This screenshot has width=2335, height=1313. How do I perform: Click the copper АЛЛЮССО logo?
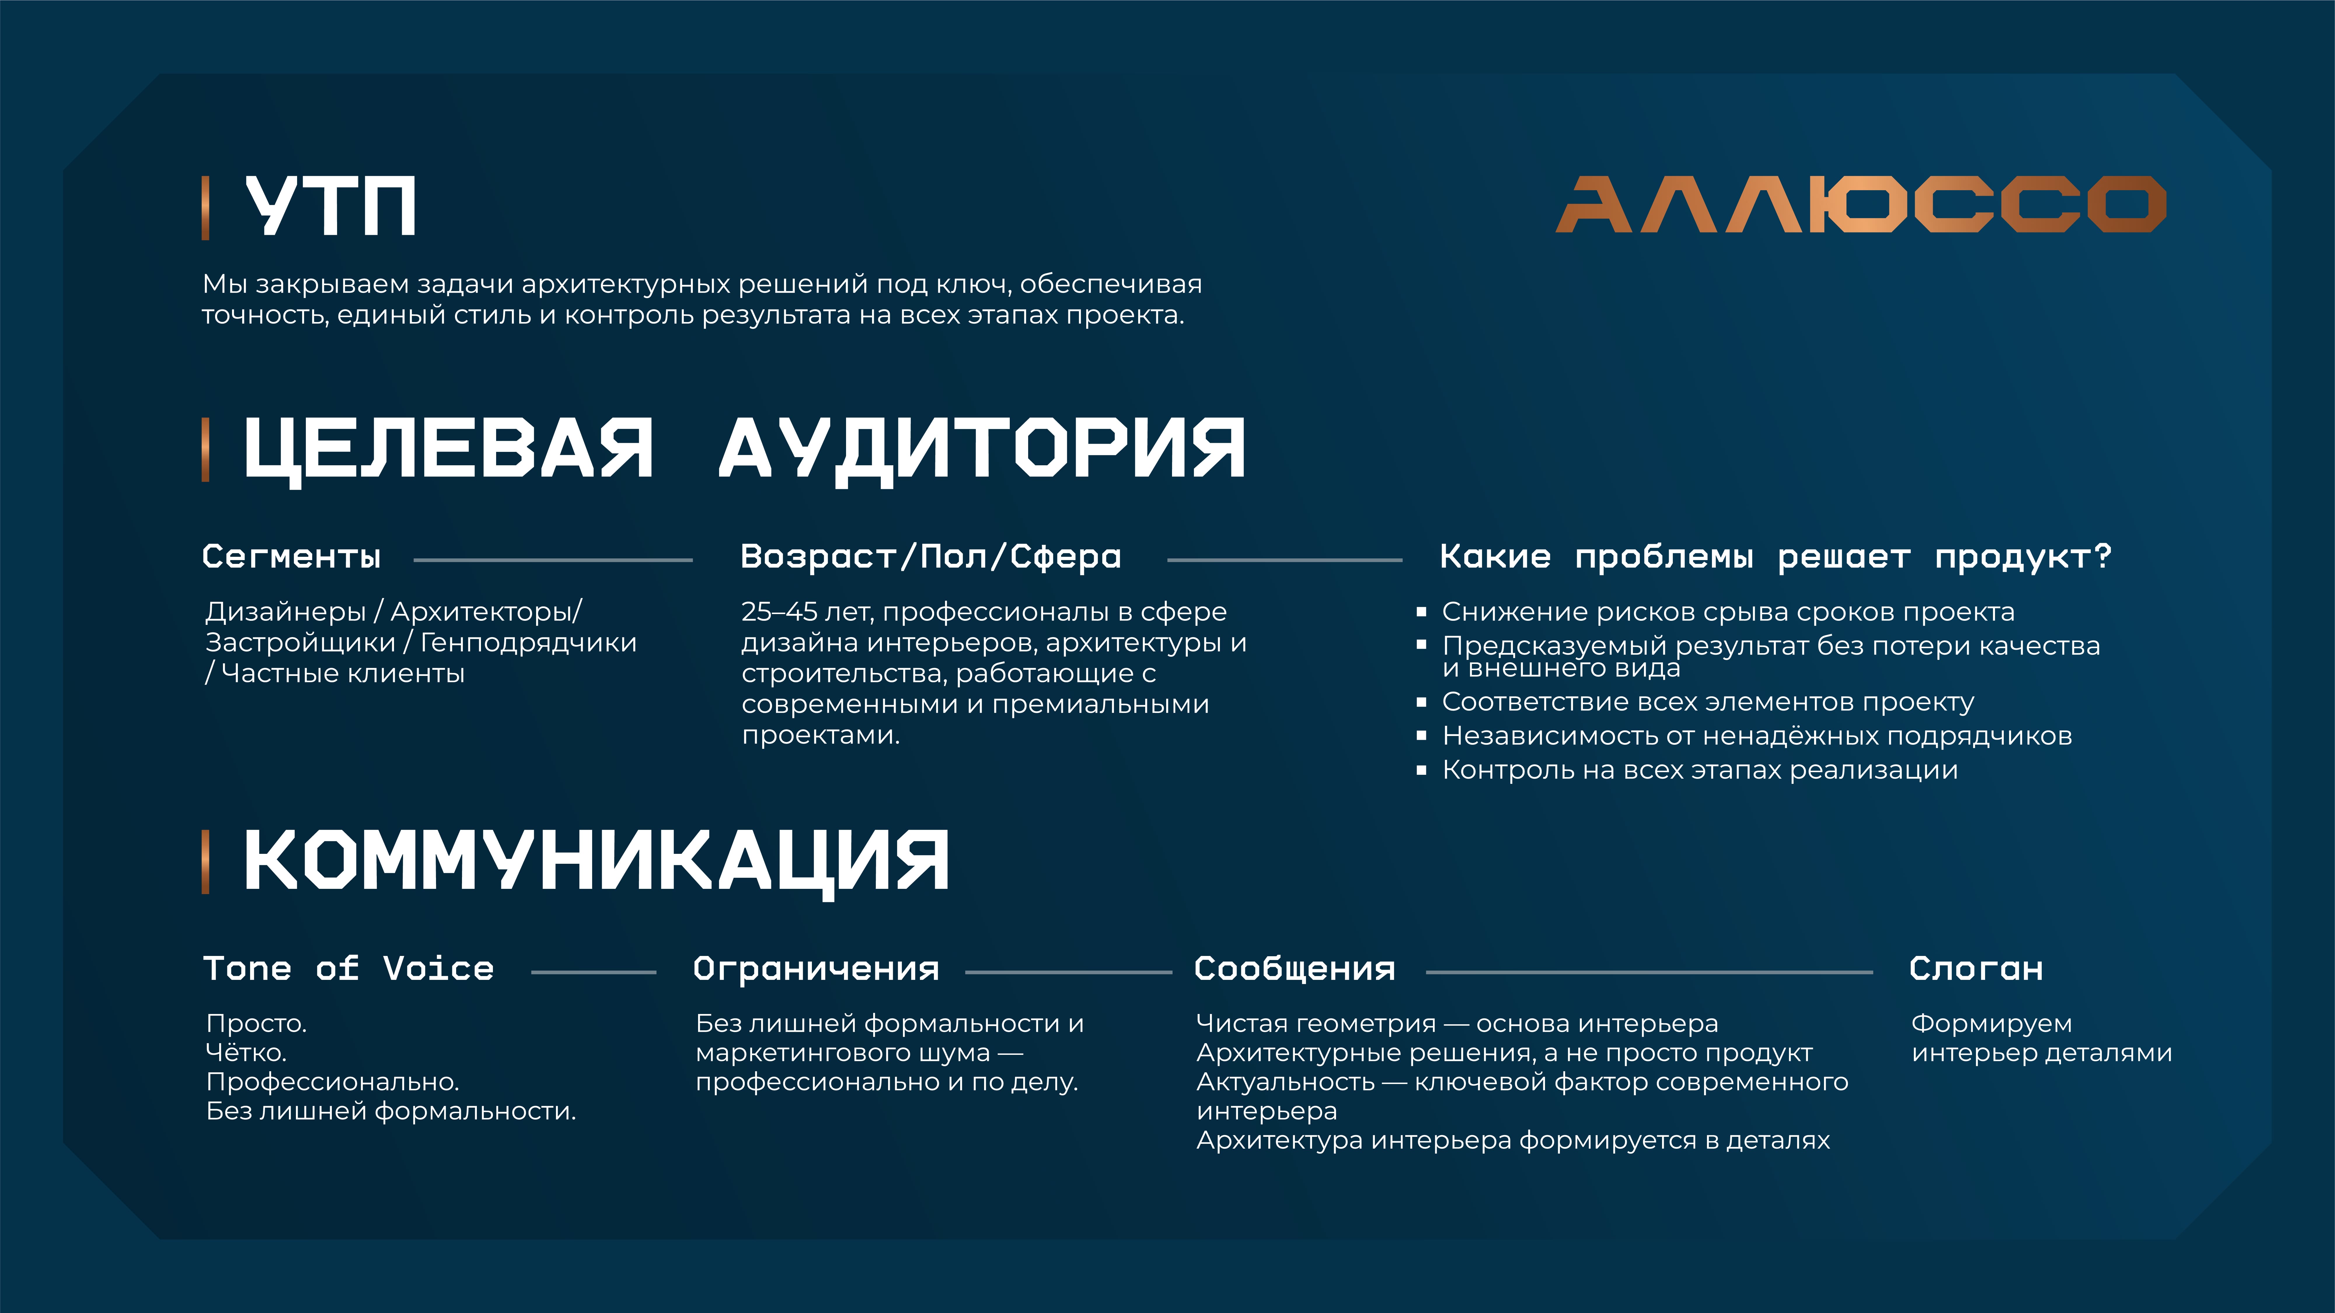[1861, 205]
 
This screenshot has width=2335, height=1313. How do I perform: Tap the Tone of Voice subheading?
[349, 969]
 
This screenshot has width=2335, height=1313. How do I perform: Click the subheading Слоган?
[1976, 969]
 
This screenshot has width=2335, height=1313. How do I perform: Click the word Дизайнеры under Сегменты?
[285, 613]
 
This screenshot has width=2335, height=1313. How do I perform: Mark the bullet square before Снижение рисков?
[1421, 613]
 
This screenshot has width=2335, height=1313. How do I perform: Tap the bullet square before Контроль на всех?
[1421, 770]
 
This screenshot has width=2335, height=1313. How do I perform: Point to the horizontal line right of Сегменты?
[553, 560]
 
